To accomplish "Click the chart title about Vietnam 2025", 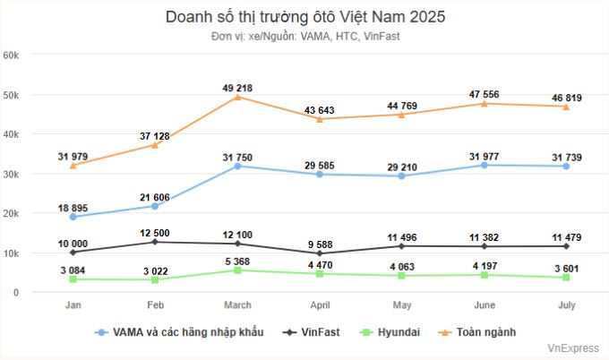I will click(x=304, y=16).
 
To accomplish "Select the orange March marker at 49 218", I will click(x=237, y=97).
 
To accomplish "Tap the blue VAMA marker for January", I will click(x=73, y=217).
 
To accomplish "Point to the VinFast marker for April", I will click(x=320, y=253).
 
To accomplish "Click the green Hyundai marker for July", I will click(x=566, y=278).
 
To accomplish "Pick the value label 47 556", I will click(x=485, y=94).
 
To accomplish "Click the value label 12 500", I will click(x=155, y=233).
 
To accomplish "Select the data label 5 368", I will click(x=237, y=261).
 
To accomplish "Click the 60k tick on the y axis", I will click(x=13, y=55).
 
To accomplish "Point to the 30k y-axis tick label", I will click(x=13, y=174).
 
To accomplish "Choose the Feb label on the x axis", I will click(x=155, y=305).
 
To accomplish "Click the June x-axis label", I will click(x=485, y=305).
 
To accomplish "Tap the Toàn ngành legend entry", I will click(x=478, y=331).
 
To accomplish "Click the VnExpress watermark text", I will click(x=573, y=349).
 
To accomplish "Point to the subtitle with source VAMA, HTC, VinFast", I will click(x=304, y=36).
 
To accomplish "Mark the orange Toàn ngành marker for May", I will click(x=402, y=115).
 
